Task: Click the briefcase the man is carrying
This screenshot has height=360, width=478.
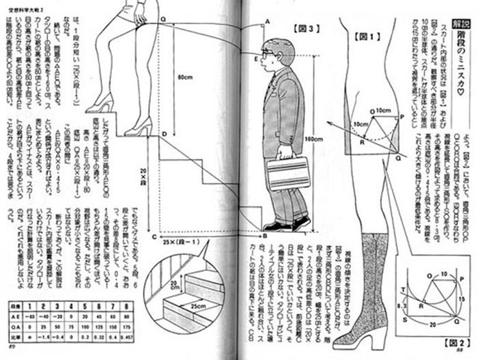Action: [x=287, y=175]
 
